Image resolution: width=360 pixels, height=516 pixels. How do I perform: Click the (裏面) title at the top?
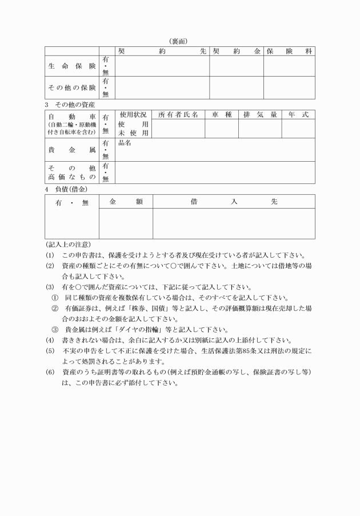coord(179,41)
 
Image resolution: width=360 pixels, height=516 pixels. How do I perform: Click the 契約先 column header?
coord(162,51)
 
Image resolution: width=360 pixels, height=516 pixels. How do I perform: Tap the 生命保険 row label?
coord(71,66)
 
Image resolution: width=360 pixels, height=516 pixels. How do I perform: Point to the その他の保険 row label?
coord(71,87)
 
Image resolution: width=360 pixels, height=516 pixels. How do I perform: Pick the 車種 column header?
coord(221,114)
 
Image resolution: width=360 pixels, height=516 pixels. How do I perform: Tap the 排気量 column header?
coord(260,114)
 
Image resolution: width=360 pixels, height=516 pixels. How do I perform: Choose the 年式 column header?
coord(298,114)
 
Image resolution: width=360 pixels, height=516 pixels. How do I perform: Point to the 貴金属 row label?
coord(71,149)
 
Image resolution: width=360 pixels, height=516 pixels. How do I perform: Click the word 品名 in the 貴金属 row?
coord(125,143)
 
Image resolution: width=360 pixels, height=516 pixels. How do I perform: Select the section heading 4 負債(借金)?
coord(66,189)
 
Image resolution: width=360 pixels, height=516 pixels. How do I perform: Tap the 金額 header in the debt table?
coord(126,201)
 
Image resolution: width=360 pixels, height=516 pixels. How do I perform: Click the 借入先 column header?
coord(234,201)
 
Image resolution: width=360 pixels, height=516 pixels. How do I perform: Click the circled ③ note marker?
coord(55,329)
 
